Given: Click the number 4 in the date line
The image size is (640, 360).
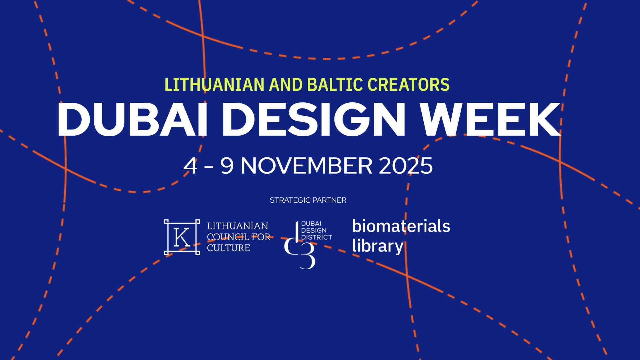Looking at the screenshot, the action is (x=190, y=166).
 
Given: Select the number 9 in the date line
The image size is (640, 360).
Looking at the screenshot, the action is (x=227, y=166).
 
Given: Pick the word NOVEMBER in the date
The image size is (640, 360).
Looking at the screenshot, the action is (x=306, y=166).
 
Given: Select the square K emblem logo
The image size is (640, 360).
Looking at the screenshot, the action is (x=182, y=237).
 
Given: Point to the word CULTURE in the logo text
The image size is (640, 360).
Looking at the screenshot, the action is (x=228, y=248).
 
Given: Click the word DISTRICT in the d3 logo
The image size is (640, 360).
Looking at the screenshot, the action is (x=317, y=237).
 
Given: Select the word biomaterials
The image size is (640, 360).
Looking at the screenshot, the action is (x=401, y=226).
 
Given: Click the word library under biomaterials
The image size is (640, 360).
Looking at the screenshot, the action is (x=378, y=247).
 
